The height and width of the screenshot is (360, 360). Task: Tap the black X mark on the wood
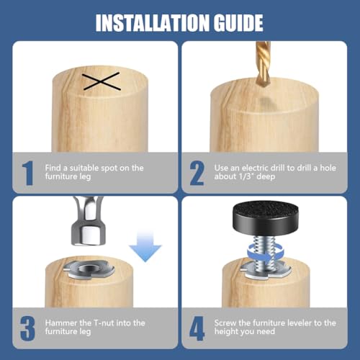(x=101, y=81)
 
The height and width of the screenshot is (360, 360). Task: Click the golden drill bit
(x=263, y=63)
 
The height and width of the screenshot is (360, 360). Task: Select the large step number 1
(x=28, y=173)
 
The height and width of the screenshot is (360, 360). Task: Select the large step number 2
(x=197, y=173)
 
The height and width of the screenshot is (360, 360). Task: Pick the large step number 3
(x=28, y=328)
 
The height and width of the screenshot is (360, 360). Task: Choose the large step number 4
(x=197, y=328)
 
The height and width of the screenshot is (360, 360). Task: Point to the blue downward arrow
(x=145, y=246)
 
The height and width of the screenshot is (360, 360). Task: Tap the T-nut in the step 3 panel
(x=89, y=270)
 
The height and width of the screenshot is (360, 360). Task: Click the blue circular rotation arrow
(x=266, y=254)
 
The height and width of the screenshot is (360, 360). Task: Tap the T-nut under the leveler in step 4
(x=266, y=271)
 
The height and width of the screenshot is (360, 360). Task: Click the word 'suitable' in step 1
(x=84, y=168)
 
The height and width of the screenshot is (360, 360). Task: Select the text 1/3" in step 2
(x=247, y=176)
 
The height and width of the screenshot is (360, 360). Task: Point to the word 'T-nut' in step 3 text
(x=104, y=323)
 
